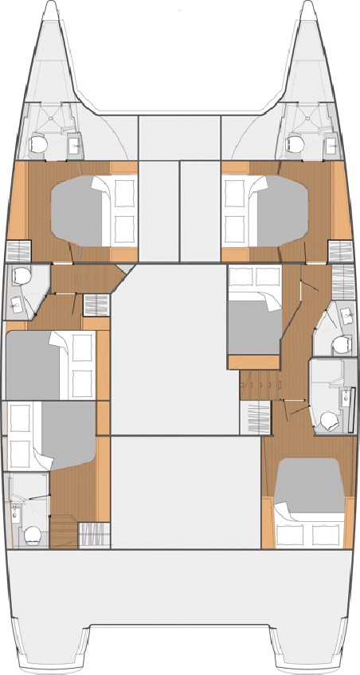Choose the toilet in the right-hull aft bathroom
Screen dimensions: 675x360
click(x=327, y=421)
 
